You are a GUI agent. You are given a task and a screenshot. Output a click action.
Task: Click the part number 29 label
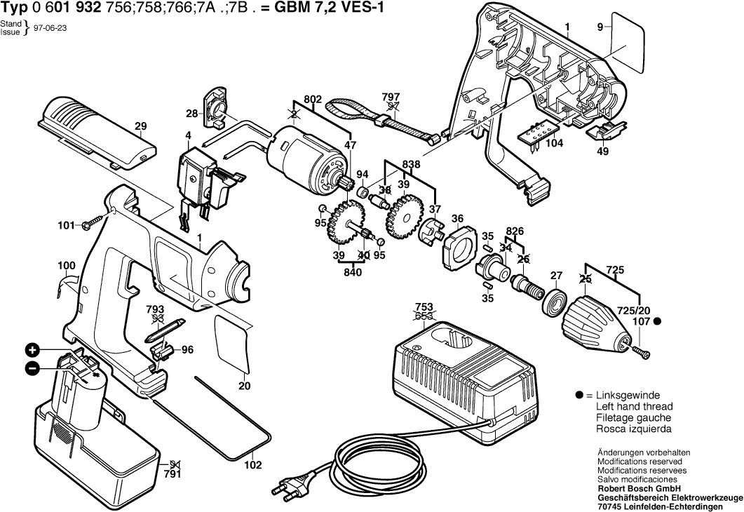[x=140, y=127]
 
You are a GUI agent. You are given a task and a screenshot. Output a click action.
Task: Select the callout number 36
[x=457, y=219]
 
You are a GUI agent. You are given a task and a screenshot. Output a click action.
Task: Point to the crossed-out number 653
[x=423, y=316]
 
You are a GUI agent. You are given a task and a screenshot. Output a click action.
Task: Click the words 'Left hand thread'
[x=634, y=407]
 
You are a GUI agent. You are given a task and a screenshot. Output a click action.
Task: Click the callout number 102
[x=252, y=464]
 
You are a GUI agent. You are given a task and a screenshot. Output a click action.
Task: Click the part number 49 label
[x=602, y=149]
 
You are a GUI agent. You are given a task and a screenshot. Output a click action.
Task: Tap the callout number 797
[x=391, y=97]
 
